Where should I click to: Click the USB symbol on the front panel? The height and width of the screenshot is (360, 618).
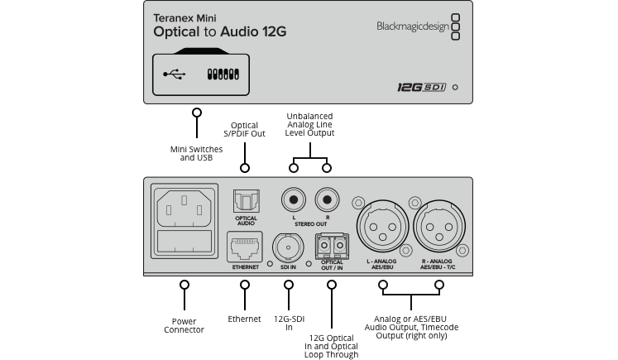(x=175, y=74)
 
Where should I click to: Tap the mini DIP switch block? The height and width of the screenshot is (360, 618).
(x=223, y=74)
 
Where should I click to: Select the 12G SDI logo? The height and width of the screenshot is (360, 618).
(x=421, y=87)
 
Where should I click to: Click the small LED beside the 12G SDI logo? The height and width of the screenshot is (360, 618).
(x=455, y=87)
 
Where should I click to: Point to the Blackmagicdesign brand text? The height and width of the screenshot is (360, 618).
(x=413, y=26)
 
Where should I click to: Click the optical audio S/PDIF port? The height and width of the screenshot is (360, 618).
(x=246, y=201)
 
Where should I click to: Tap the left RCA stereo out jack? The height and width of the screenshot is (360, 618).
(x=294, y=200)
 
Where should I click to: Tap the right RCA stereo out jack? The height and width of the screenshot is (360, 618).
(x=327, y=200)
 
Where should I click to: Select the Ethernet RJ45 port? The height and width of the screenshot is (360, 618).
(x=245, y=247)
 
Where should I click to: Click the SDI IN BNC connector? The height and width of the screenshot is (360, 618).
(x=288, y=247)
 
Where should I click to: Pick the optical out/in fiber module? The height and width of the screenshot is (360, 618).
(x=332, y=247)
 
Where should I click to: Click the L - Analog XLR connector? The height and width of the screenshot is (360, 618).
(x=382, y=226)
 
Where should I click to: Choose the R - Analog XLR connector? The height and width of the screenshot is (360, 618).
(x=439, y=226)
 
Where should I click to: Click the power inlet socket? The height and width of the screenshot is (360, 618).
(x=184, y=221)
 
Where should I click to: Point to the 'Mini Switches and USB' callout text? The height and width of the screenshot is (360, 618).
(x=196, y=153)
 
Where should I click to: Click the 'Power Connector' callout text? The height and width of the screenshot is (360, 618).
(x=184, y=326)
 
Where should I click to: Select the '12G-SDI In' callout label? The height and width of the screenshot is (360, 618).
(x=289, y=323)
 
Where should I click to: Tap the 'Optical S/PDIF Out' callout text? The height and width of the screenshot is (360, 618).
(x=244, y=129)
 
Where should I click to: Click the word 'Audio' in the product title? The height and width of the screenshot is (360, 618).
(x=239, y=31)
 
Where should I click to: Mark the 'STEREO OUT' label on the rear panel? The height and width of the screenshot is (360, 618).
(x=310, y=224)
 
